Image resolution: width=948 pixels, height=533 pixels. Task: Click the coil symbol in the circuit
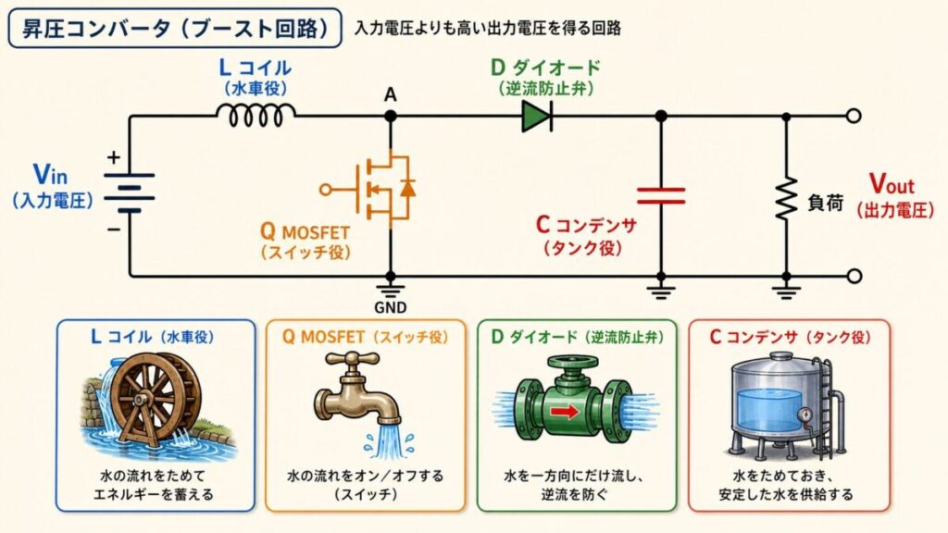256,115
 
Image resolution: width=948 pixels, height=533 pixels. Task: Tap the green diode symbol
537,116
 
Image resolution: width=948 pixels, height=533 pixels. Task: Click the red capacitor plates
661,196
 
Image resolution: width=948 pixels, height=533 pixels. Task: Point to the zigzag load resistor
786,198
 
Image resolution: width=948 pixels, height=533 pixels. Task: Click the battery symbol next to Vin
130,192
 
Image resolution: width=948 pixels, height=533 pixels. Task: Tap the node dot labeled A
391,116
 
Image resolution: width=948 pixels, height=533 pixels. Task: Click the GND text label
391,307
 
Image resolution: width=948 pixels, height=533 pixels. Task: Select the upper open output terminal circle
853,116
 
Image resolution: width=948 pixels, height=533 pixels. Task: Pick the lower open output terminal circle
853,276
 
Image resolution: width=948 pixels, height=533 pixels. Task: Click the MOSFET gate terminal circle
325,190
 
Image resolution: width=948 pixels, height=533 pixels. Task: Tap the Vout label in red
892,184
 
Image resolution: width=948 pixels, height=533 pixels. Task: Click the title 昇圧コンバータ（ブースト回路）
175,28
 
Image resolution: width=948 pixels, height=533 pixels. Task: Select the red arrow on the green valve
565,412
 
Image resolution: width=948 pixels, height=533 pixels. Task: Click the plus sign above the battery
113,157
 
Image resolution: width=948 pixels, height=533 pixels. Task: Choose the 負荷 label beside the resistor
825,203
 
